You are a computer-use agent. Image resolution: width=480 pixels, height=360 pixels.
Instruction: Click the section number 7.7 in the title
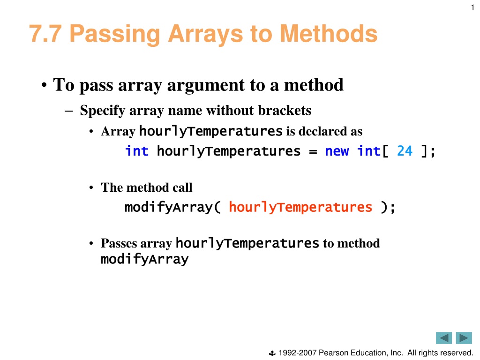coord(45,34)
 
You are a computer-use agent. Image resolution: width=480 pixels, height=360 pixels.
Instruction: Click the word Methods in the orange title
coord(329,34)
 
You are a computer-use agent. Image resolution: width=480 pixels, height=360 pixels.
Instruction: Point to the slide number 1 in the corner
coord(472,7)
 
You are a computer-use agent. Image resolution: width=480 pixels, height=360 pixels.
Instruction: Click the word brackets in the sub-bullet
coord(285,110)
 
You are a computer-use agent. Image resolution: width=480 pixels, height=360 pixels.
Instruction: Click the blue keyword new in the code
coord(337,151)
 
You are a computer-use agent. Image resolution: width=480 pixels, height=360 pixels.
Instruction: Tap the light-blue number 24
coord(405,151)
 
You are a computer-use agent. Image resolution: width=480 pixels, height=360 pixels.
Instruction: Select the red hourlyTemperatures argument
coord(300,208)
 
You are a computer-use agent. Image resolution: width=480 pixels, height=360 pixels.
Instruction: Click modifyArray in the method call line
coord(169,208)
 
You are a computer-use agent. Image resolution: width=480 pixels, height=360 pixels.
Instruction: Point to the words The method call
coord(147,187)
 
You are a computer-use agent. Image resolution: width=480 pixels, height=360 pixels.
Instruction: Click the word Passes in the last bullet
coord(119,243)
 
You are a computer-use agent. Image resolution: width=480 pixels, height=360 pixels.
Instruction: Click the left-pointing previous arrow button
coord(444,338)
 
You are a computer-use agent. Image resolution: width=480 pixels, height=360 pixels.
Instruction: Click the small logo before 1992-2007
coord(272,353)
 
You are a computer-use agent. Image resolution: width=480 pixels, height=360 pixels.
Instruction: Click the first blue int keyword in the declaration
coord(137,151)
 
